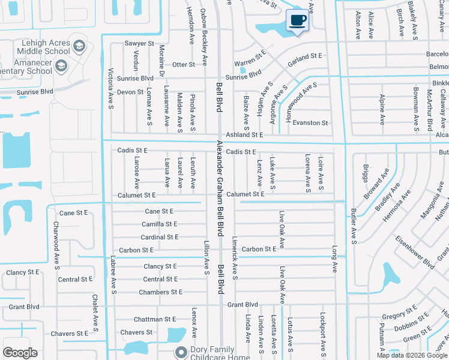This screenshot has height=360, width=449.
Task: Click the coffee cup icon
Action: [x=298, y=20]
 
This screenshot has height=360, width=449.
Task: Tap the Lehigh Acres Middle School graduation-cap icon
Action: [x=79, y=46]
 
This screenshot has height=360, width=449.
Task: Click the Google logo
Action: [x=20, y=353]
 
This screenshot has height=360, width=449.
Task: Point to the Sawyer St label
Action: [x=139, y=44]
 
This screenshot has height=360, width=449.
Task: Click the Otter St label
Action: [x=184, y=64]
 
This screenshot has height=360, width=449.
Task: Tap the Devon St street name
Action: [x=130, y=92]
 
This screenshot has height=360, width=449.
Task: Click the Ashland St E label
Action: [x=244, y=136]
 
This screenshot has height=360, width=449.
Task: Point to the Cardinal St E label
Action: [x=159, y=237]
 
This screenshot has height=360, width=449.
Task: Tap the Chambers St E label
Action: [x=160, y=292]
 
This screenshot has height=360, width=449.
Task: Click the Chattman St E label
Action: [x=155, y=319]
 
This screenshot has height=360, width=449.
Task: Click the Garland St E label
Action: [x=305, y=57]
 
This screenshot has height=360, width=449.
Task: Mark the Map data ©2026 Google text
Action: [x=412, y=355]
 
